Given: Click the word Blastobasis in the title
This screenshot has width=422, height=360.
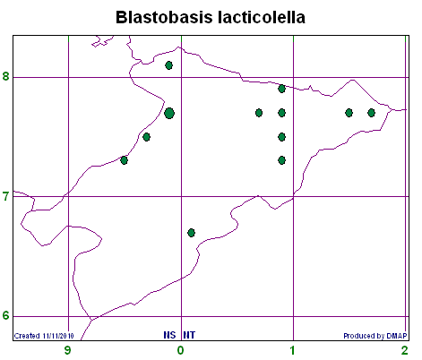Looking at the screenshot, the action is tap(164, 17).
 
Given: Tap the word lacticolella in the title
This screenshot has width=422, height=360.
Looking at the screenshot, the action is tap(262, 17).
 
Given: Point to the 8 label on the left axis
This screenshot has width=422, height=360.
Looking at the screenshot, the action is tap(5, 76).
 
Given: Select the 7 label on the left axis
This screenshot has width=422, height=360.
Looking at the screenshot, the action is tap(5, 197).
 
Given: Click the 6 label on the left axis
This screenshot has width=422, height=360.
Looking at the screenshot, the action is tap(5, 315).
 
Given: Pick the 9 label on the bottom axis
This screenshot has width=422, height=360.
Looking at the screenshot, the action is tap(68, 350).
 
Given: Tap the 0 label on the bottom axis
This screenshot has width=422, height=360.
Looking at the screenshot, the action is tap(180, 350).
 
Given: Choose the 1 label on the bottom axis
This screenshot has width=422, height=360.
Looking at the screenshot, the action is tap(293, 350).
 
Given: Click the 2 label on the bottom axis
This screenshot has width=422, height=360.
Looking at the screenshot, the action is tap(405, 350).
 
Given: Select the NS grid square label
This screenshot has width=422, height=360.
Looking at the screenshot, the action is tap(169, 335).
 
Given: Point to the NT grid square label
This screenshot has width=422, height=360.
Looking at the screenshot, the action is tap(189, 335).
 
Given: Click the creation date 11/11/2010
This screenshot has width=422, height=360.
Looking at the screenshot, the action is tap(58, 336).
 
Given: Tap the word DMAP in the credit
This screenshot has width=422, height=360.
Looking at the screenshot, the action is tap(397, 336).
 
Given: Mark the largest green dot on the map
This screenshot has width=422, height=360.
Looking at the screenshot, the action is tap(169, 113).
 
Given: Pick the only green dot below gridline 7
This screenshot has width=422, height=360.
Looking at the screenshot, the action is tap(192, 233).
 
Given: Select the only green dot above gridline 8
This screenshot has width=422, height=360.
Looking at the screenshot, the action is tap(169, 65).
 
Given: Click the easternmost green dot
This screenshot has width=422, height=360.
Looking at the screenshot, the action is tap(371, 113).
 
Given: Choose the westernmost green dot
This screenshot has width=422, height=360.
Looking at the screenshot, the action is tap(125, 160).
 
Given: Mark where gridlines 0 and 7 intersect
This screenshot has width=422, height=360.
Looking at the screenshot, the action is tap(181, 196).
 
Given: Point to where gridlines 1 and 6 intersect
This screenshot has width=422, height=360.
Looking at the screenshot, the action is tap(294, 316).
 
